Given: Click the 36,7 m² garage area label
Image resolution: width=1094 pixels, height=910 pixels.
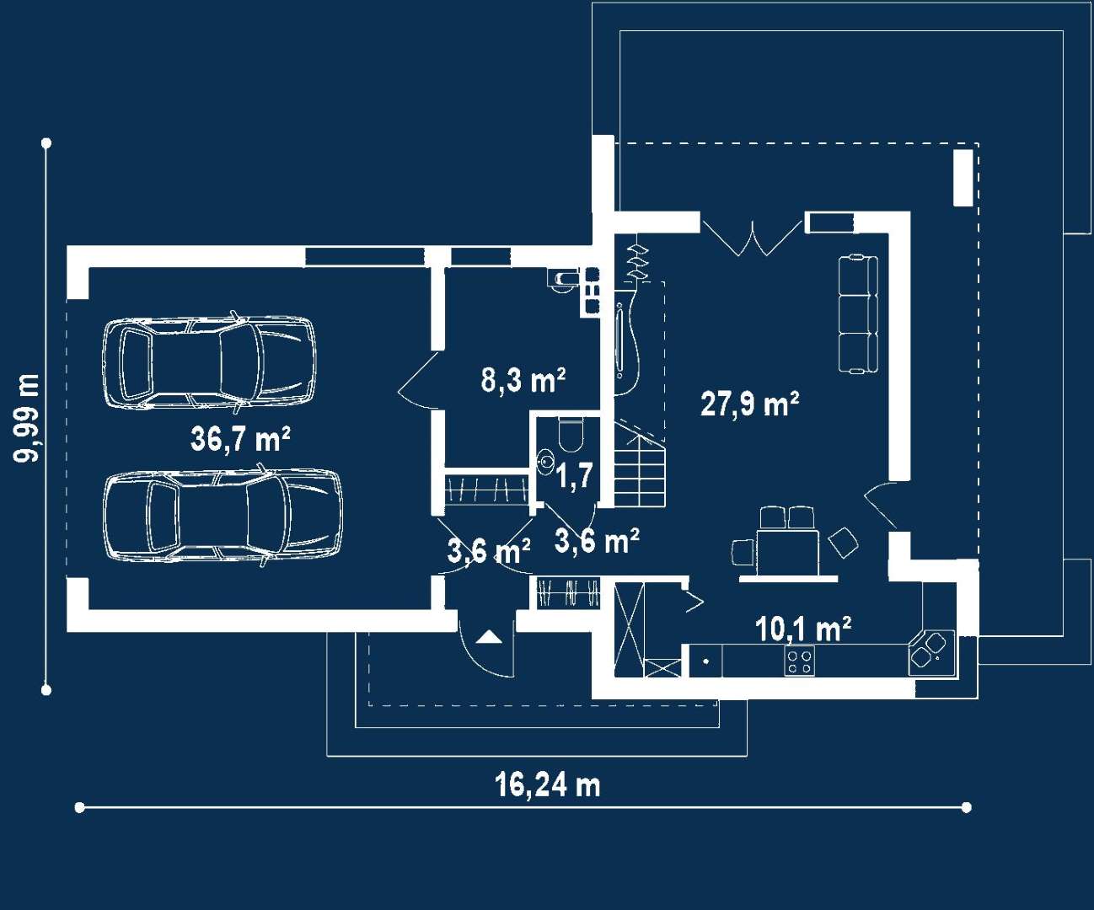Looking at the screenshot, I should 240,438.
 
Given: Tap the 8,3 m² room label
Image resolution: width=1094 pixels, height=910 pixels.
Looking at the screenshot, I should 523,380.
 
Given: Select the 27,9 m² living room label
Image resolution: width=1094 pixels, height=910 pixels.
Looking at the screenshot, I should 749,404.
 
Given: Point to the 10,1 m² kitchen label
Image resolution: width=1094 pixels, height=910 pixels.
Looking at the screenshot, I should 802,629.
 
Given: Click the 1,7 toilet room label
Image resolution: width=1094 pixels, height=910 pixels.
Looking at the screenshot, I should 575,476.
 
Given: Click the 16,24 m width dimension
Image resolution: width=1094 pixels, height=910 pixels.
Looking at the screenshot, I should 547,785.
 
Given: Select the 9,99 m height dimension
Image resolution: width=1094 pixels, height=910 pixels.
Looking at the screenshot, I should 26,417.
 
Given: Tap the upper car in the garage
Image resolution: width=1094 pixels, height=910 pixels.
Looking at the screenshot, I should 209,362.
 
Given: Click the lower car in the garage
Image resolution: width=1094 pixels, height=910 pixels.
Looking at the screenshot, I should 223,516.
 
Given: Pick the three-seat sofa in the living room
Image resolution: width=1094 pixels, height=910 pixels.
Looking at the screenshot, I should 858,313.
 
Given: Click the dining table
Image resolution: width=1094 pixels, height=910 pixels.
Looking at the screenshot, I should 787,552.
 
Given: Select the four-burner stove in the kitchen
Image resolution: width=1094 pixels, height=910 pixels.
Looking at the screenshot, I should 799,661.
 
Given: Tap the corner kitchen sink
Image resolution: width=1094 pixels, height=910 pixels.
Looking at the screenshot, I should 931,651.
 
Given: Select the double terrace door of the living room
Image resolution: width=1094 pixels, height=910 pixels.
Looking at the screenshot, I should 753,236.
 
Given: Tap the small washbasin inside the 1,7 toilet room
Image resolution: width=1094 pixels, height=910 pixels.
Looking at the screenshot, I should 545,461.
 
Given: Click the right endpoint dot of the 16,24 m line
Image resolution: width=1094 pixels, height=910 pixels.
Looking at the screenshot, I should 967,807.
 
